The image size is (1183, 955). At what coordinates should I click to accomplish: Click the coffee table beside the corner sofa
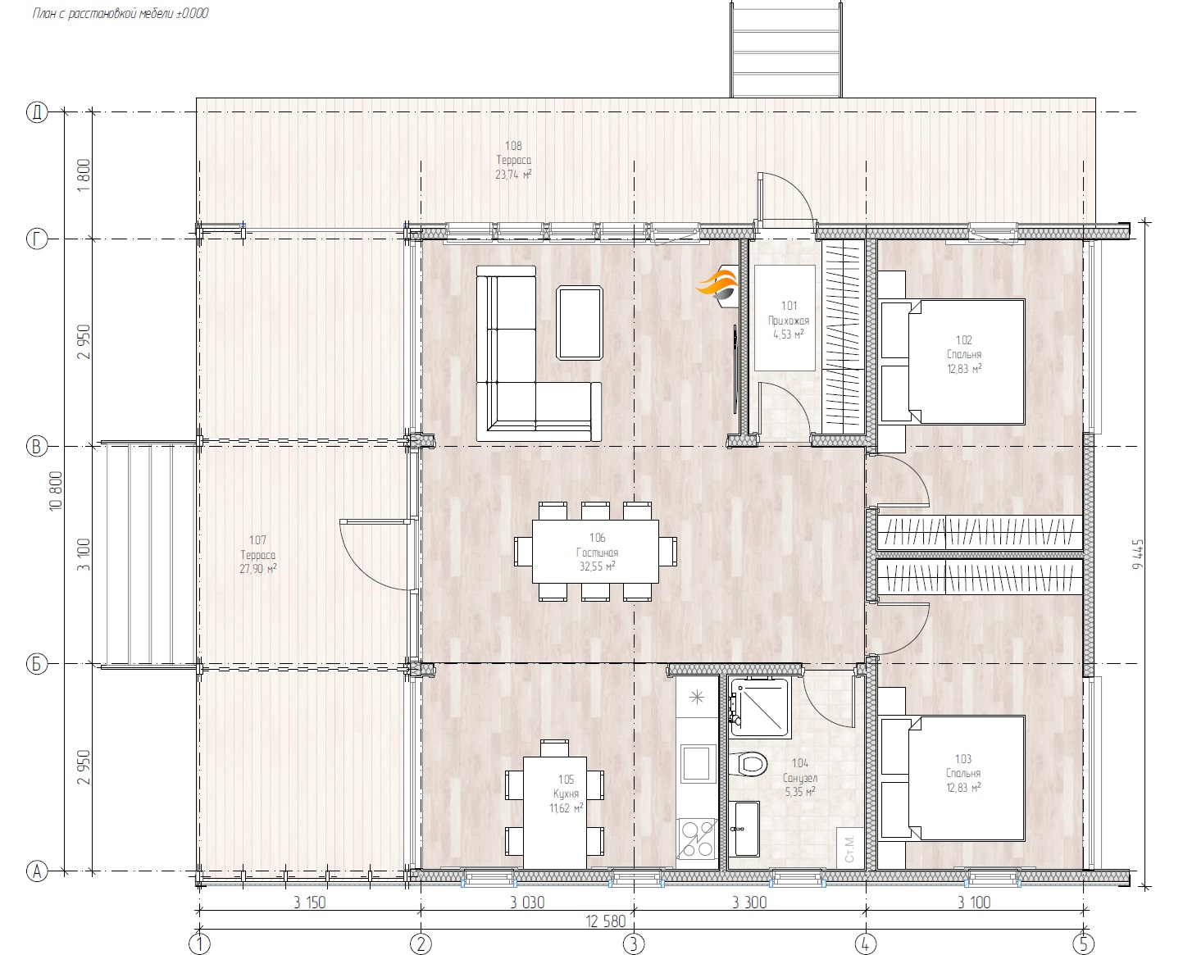pyautogui.click(x=580, y=323)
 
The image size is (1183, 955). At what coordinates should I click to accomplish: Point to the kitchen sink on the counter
pyautogui.click(x=698, y=763)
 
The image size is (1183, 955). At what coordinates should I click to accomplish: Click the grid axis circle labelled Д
pyautogui.click(x=37, y=112)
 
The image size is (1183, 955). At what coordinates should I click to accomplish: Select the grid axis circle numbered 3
pyautogui.click(x=634, y=944)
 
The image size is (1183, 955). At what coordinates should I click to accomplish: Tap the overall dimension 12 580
pyautogui.click(x=605, y=921)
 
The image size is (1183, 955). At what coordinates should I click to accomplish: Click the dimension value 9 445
pyautogui.click(x=1137, y=553)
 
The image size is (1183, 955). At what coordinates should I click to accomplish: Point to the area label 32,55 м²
pyautogui.click(x=597, y=566)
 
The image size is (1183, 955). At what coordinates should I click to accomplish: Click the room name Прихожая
pyautogui.click(x=788, y=321)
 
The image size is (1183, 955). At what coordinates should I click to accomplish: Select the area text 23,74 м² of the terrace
pyautogui.click(x=513, y=175)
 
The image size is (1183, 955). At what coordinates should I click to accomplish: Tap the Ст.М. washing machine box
pyautogui.click(x=849, y=848)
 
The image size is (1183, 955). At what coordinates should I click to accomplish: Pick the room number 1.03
pyautogui.click(x=963, y=758)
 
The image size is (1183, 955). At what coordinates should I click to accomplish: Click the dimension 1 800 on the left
pyautogui.click(x=84, y=175)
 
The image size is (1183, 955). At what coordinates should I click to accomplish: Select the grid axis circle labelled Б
pyautogui.click(x=37, y=664)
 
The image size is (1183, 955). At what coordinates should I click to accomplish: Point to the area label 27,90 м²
pyautogui.click(x=257, y=569)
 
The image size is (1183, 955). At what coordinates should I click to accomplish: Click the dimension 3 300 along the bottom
pyautogui.click(x=749, y=903)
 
